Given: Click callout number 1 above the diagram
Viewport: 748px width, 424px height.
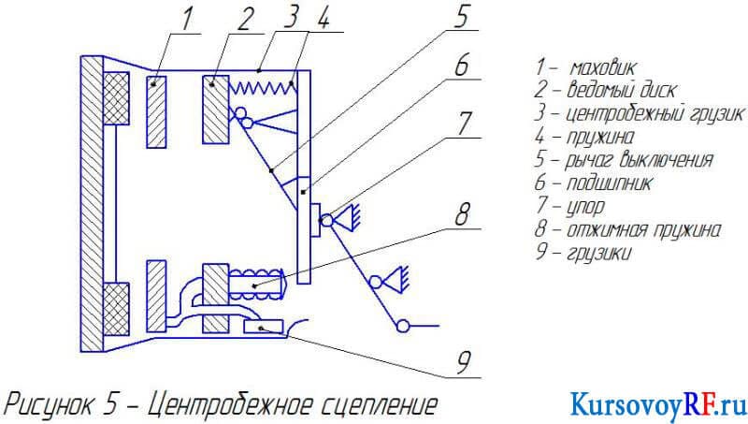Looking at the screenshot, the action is point(188,19).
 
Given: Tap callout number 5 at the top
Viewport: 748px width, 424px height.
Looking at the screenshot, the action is point(462,16).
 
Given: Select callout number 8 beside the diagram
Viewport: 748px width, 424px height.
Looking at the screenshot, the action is point(462,214).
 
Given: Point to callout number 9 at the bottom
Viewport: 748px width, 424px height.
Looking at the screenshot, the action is point(464,363).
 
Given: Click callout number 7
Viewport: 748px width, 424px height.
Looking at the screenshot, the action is point(465,124).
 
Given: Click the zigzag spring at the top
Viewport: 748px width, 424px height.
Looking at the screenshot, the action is point(263,87).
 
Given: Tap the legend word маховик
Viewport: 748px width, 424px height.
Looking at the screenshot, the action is point(603,67).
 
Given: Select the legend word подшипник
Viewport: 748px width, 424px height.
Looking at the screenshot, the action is point(609,183).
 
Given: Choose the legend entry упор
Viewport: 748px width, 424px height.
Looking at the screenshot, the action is point(585,206).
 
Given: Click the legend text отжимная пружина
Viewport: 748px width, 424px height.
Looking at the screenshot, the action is point(643,229).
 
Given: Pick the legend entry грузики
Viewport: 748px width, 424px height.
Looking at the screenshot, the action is point(599,253).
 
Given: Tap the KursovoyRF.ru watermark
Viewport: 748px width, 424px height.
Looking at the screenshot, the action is point(658,404).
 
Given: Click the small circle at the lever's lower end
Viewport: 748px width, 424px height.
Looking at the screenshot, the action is point(403,326).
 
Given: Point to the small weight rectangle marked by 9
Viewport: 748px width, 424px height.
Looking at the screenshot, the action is point(263,327).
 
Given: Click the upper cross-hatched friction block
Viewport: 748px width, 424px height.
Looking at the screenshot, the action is point(116,98).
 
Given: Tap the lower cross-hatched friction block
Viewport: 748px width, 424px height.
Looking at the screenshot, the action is point(116,310).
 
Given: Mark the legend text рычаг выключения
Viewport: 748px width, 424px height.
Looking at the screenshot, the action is point(639,160).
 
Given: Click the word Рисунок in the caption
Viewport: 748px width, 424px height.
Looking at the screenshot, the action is point(48,405).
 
